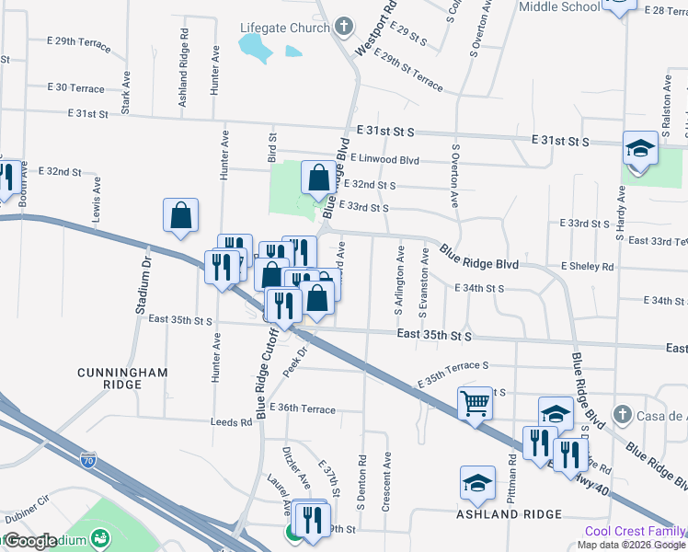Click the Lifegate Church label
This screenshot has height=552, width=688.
285,28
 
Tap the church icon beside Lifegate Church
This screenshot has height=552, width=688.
344,27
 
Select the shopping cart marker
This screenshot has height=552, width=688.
475,402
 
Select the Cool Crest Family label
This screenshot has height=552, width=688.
636,532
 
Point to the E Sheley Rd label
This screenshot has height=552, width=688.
587,267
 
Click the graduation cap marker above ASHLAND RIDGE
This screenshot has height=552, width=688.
478,481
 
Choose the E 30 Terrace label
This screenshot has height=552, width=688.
76,88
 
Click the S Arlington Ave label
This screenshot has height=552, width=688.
400,292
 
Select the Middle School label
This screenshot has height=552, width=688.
559,7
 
